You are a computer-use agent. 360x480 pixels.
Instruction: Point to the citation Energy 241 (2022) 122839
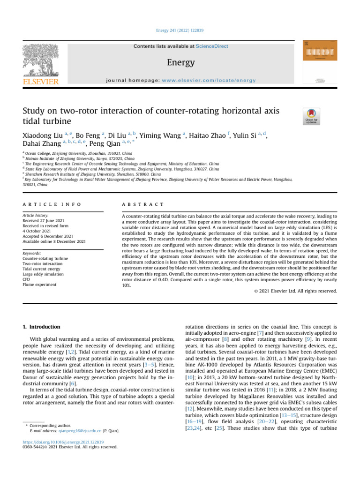(x=180, y=30)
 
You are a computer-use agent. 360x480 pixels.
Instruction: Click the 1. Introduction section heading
(x=42, y=326)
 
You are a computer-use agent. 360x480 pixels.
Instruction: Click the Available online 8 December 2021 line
(x=54, y=241)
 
